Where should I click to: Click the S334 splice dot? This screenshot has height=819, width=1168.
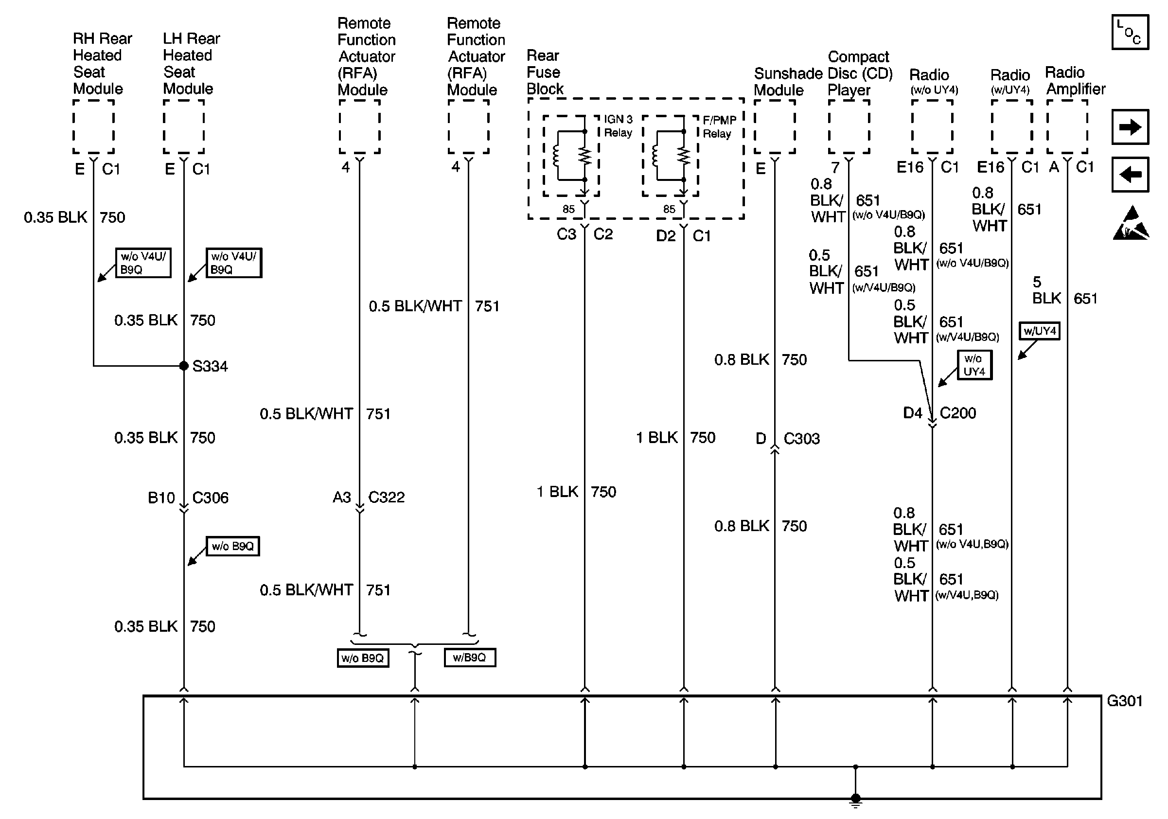pyautogui.click(x=184, y=366)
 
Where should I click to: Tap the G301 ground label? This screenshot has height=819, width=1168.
pyautogui.click(x=1125, y=701)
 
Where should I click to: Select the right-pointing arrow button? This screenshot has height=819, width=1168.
pyautogui.click(x=1130, y=126)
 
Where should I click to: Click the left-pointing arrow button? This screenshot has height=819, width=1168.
pyautogui.click(x=1130, y=175)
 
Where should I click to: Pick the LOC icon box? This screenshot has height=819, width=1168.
pyautogui.click(x=1130, y=32)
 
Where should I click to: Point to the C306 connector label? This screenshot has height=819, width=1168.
pyautogui.click(x=210, y=498)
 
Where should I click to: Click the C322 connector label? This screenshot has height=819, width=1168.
pyautogui.click(x=386, y=497)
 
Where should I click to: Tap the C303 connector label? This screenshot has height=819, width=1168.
pyautogui.click(x=801, y=439)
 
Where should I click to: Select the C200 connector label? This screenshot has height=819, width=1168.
pyautogui.click(x=957, y=413)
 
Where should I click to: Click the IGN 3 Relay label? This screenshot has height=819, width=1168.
pyautogui.click(x=618, y=126)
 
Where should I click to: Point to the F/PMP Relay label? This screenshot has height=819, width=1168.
pyautogui.click(x=719, y=127)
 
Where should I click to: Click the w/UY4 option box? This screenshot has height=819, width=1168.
pyautogui.click(x=1039, y=331)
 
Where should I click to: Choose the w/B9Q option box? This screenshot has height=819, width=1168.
pyautogui.click(x=470, y=657)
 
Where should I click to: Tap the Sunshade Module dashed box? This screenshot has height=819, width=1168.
pyautogui.click(x=774, y=126)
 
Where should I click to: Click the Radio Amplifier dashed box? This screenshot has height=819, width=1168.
pyautogui.click(x=1067, y=126)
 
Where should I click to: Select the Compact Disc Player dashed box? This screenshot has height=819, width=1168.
pyautogui.click(x=849, y=126)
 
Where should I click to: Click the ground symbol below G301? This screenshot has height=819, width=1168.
pyautogui.click(x=856, y=801)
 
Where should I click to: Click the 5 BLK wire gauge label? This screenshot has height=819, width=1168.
pyautogui.click(x=1045, y=290)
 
